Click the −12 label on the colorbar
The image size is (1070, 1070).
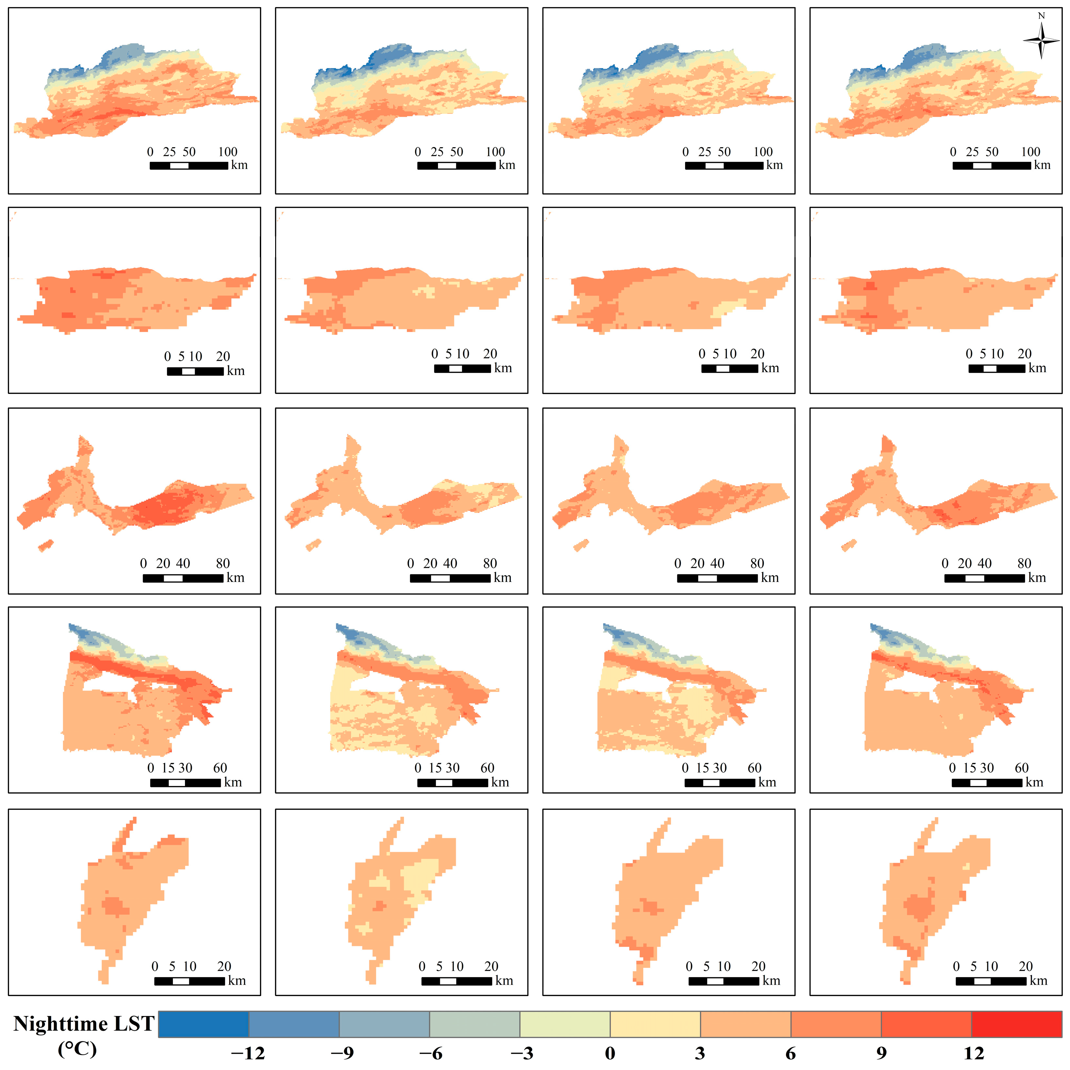point(247,1053)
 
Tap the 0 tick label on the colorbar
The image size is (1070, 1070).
point(610,1053)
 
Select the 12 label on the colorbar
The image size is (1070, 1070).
point(974,1053)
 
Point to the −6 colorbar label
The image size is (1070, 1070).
point(430,1053)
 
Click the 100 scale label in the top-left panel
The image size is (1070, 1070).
point(228,152)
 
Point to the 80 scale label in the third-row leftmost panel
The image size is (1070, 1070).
point(223,563)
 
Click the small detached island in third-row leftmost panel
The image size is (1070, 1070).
point(45,545)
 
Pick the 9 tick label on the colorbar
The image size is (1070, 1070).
point(881,1053)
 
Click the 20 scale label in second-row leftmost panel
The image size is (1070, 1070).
point(223,356)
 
